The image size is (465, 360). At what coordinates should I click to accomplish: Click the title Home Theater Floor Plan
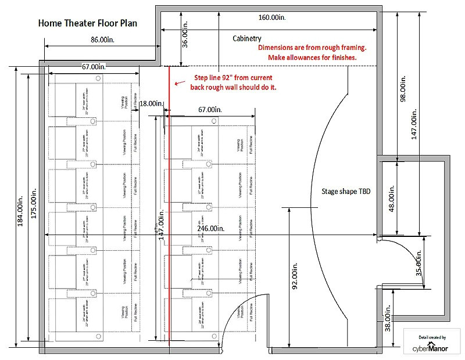point(88,24)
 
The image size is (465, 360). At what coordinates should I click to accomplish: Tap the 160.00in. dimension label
point(272,17)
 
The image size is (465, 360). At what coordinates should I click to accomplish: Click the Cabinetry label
point(247,38)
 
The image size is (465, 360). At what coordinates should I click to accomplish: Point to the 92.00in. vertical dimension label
point(295,279)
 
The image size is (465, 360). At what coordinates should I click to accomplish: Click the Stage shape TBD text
point(346,191)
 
